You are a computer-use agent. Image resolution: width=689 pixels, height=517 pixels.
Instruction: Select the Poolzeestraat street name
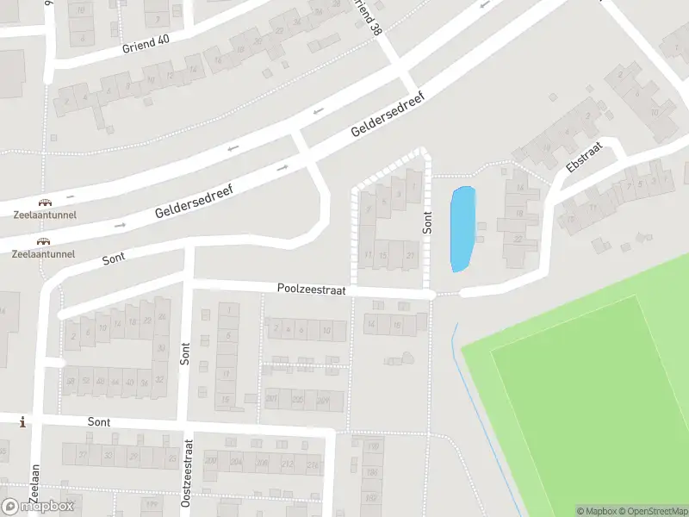click(x=311, y=291)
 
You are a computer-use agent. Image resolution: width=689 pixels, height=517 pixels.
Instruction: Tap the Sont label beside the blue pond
click(x=428, y=222)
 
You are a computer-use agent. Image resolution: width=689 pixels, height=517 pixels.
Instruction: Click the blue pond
click(x=462, y=229)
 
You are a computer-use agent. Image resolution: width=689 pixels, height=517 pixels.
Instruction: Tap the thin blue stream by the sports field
click(x=482, y=414)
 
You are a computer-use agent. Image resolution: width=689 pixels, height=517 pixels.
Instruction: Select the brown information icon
click(x=22, y=422)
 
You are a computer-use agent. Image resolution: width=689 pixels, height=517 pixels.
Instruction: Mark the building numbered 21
click(x=410, y=256)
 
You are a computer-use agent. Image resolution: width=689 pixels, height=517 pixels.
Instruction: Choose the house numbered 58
click(x=71, y=381)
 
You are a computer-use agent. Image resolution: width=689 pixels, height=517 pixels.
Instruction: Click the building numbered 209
click(x=323, y=399)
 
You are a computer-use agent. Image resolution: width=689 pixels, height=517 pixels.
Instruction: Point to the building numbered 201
click(x=271, y=399)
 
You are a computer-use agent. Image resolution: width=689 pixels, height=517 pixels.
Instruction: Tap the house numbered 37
click(x=83, y=455)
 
